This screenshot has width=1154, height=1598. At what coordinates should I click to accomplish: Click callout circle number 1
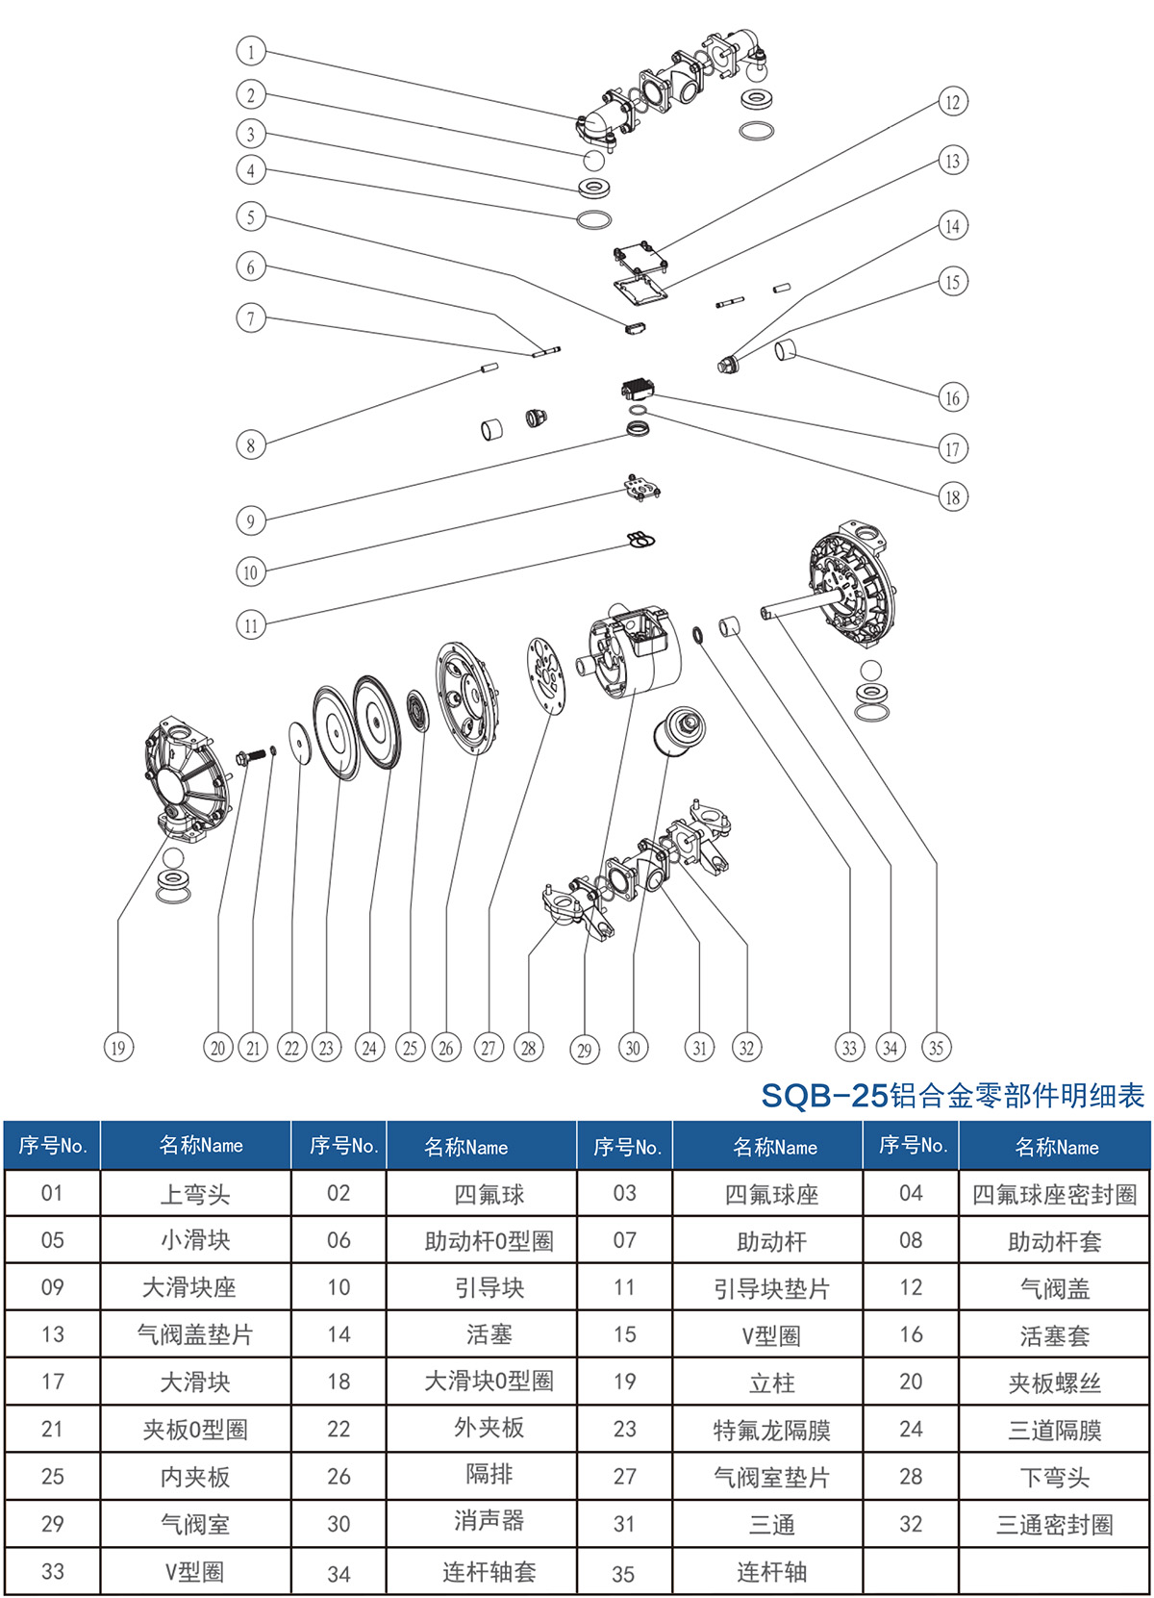(x=251, y=52)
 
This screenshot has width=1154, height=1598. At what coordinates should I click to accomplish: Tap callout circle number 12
(x=952, y=102)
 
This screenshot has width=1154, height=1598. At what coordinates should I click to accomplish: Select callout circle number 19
(x=118, y=1048)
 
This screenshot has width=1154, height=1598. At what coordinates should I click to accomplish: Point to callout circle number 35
(x=936, y=1048)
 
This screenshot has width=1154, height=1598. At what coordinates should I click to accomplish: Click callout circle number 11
(x=251, y=625)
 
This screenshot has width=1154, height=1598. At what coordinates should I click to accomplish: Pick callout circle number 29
(x=584, y=1050)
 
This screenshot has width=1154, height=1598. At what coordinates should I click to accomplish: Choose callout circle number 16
(x=952, y=397)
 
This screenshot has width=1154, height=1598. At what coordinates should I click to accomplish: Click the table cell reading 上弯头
(x=195, y=1194)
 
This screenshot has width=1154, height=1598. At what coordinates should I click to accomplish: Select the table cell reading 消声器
(x=489, y=1522)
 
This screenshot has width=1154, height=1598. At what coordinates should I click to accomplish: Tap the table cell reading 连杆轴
(x=771, y=1572)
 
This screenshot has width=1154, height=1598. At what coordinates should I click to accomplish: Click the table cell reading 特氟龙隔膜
(x=771, y=1430)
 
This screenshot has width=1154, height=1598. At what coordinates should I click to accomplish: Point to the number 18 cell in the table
(x=339, y=1382)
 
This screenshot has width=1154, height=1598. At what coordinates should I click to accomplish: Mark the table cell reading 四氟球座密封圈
(x=1054, y=1194)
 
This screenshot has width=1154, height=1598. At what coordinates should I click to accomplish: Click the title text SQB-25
(x=824, y=1096)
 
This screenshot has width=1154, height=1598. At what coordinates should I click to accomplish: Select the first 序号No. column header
(x=52, y=1146)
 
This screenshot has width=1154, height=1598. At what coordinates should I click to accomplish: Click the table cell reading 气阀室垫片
(x=771, y=1477)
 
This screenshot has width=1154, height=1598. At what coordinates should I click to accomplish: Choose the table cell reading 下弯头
(x=1054, y=1477)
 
